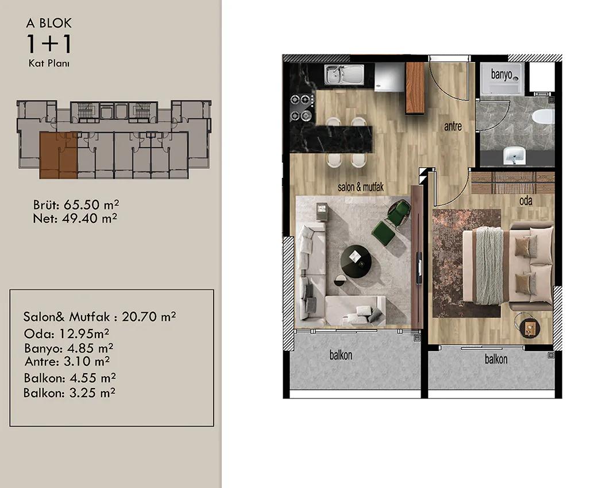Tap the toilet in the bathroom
pyautogui.click(x=544, y=117)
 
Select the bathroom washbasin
pyautogui.click(x=514, y=156)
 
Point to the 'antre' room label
pyautogui.click(x=453, y=126)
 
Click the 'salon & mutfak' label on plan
pyautogui.click(x=360, y=187)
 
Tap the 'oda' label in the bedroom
pyautogui.click(x=526, y=201)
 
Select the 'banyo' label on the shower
pyautogui.click(x=502, y=73)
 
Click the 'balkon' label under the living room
pyautogui.click(x=341, y=355)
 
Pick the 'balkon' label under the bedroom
pyautogui.click(x=496, y=359)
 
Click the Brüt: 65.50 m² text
pyautogui.click(x=76, y=204)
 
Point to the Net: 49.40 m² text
pyautogui.click(x=75, y=218)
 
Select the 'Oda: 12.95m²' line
pyautogui.click(x=67, y=334)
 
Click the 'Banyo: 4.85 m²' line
pyautogui.click(x=69, y=348)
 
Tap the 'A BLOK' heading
pyautogui.click(x=49, y=24)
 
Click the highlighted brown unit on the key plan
pyautogui.click(x=58, y=155)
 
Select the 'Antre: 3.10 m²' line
pyautogui.click(x=67, y=362)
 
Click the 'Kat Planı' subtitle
pyautogui.click(x=49, y=63)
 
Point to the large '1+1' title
pyautogui.click(x=49, y=44)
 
